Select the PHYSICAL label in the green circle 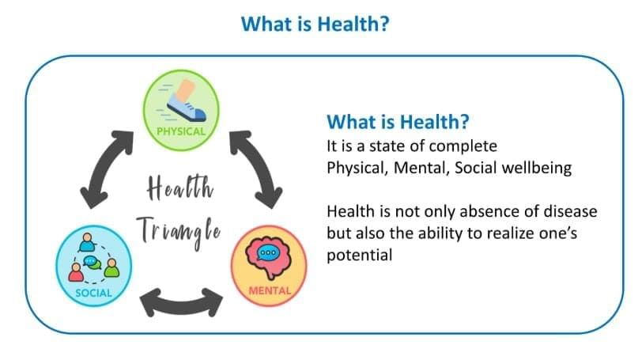coord(181,131)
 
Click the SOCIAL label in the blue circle coord(93,293)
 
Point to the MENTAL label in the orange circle coord(270,291)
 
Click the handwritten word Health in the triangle coord(180,188)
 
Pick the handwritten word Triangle coord(179,232)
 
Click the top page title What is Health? coord(315,24)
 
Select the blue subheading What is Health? coord(398,122)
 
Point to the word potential coord(360,256)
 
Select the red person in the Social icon coord(76,272)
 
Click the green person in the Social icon coord(111,268)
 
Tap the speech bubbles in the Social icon coord(93,262)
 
